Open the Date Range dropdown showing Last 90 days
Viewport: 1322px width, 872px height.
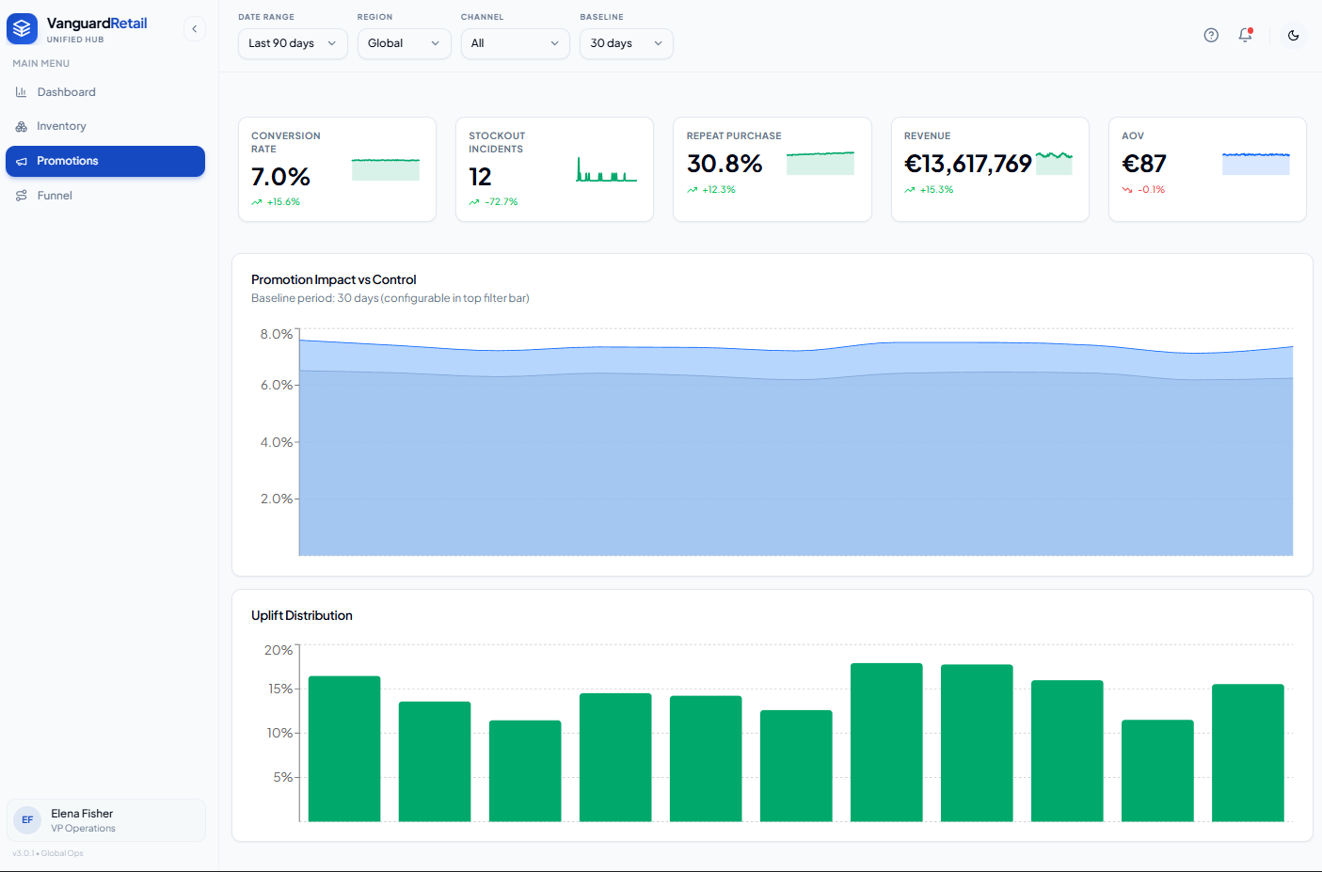[293, 43]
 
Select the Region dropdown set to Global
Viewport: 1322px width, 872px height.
[405, 43]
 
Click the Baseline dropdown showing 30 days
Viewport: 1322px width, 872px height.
[626, 43]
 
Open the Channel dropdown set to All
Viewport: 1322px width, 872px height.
[516, 43]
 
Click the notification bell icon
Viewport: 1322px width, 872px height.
[1245, 36]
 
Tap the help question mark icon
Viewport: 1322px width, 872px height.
[1211, 36]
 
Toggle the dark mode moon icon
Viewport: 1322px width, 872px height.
[1293, 36]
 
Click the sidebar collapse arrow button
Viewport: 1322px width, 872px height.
[194, 29]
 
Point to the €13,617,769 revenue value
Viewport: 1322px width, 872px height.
[968, 164]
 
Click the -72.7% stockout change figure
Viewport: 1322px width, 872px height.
[502, 202]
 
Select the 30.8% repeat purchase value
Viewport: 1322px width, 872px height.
[725, 164]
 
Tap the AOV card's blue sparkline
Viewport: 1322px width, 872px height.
[1256, 164]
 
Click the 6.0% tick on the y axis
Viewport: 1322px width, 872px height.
[277, 386]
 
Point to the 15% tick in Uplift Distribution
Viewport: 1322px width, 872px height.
[280, 689]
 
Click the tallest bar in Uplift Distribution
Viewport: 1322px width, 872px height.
[886, 742]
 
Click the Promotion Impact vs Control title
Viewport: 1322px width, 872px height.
[333, 279]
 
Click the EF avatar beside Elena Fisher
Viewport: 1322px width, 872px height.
[27, 820]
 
